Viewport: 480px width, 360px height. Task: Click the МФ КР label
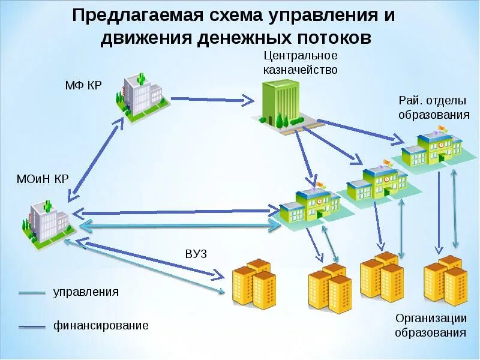pos(83,85)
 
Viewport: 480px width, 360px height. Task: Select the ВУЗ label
pos(196,254)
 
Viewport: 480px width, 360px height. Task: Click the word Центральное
pos(301,56)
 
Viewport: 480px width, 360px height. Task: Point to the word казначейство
pos(300,70)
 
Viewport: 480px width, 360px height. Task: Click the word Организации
pos(431,318)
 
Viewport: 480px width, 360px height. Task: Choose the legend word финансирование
pos(101,326)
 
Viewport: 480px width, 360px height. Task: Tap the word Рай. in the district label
pos(410,100)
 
